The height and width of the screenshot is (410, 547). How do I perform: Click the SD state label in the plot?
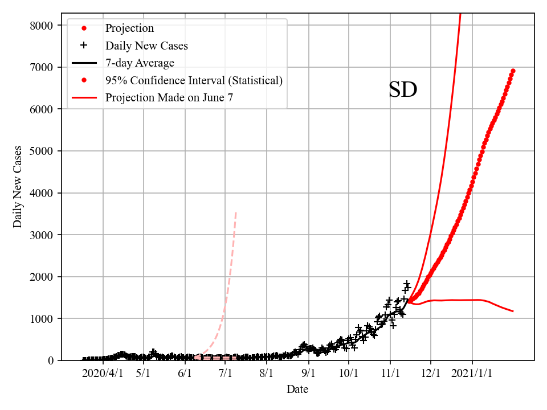[x=403, y=90]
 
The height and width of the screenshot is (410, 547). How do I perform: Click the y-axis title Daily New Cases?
[x=18, y=186]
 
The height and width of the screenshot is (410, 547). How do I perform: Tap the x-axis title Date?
[x=297, y=389]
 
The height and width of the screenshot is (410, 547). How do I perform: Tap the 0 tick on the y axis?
[x=50, y=360]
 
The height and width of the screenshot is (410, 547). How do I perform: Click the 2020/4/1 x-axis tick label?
[x=103, y=374]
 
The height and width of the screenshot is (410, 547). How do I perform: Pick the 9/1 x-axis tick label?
[x=309, y=374]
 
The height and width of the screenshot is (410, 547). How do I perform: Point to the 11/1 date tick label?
[x=390, y=374]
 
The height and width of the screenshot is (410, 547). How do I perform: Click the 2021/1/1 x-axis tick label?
[x=472, y=374]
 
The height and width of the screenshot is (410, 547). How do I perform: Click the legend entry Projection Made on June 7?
[x=169, y=98]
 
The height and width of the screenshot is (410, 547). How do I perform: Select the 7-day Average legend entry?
[x=140, y=63]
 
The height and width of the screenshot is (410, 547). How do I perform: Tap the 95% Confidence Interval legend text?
[x=194, y=80]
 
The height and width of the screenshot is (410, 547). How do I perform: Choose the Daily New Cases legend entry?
[x=146, y=46]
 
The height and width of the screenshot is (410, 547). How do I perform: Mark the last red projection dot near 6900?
[x=513, y=71]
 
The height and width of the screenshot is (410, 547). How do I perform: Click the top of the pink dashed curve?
[x=236, y=212]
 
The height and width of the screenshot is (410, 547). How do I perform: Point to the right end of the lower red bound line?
[x=513, y=311]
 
